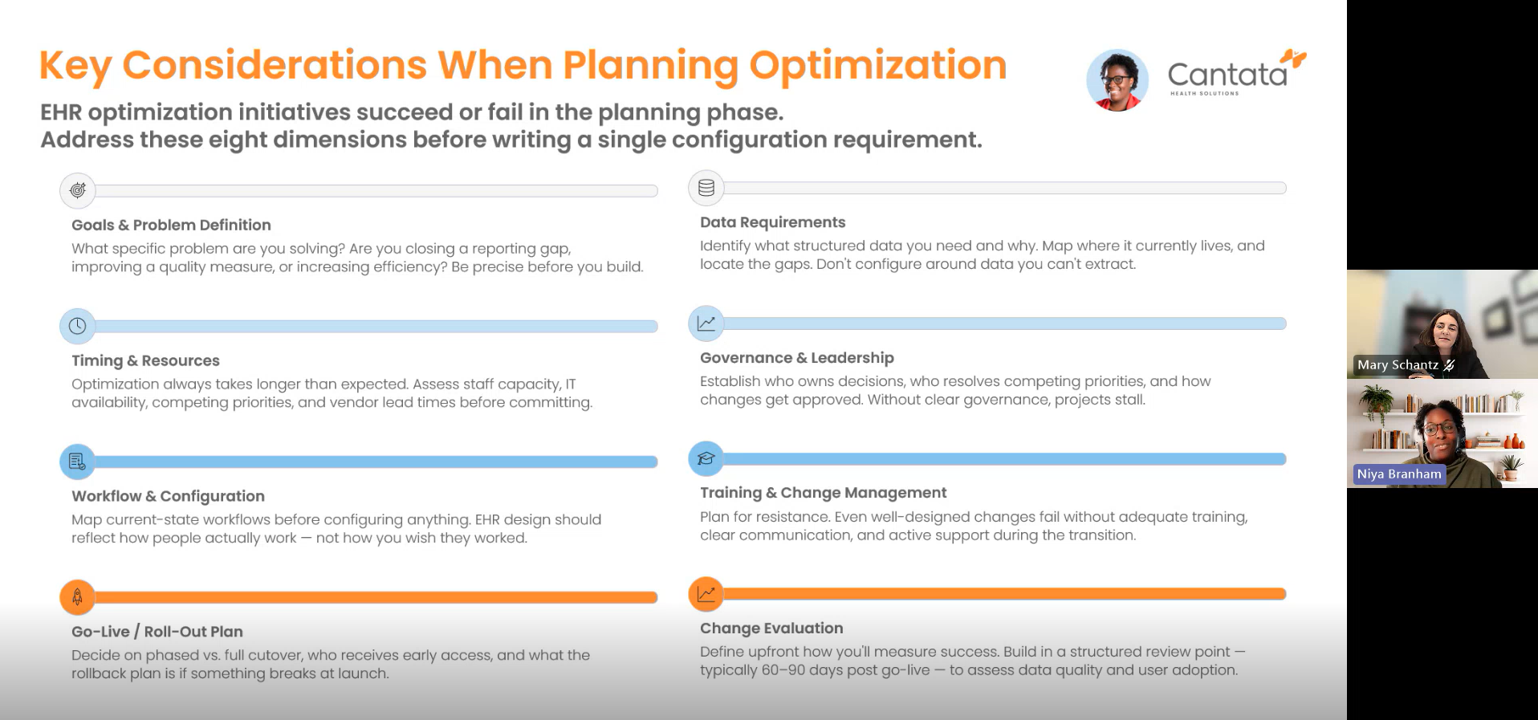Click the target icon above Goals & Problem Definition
tap(78, 190)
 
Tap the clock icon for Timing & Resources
tap(78, 326)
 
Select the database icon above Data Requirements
tap(706, 188)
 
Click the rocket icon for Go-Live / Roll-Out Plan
tap(78, 597)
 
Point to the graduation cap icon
tap(706, 458)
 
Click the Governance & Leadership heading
tap(797, 358)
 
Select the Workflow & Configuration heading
tap(168, 496)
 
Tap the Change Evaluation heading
tap(771, 628)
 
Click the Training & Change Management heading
tap(824, 493)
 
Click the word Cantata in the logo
tap(1227, 75)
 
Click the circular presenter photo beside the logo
tap(1117, 80)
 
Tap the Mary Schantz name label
tap(1398, 365)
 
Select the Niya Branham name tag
tap(1399, 474)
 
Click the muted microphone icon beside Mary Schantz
tap(1450, 365)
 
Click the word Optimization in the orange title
tap(878, 66)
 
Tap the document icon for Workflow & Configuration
tap(78, 462)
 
